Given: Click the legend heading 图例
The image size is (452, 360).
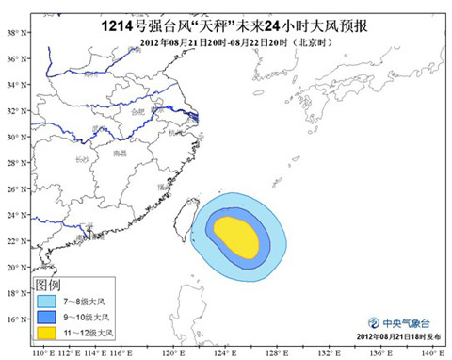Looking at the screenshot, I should (x=48, y=284).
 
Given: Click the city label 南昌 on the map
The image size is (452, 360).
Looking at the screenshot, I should (x=119, y=153).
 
